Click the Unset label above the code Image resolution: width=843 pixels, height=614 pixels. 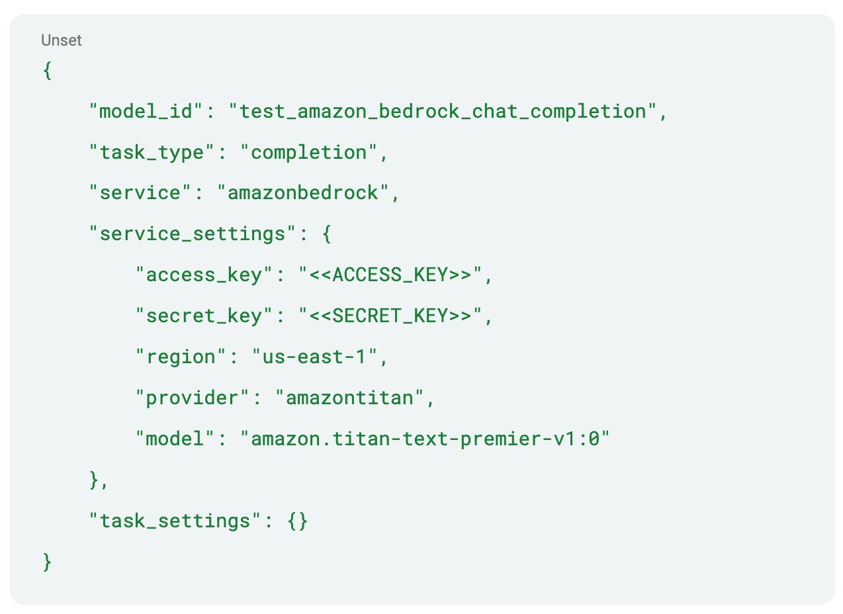click(x=61, y=40)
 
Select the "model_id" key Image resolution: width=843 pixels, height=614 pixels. click(x=145, y=111)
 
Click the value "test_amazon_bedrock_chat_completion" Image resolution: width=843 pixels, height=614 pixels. click(x=443, y=111)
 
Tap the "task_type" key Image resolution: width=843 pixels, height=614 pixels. click(x=151, y=152)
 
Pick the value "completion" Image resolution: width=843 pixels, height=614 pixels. click(x=308, y=152)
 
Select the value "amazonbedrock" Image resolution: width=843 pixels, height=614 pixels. click(x=302, y=193)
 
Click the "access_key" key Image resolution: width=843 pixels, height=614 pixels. click(x=203, y=275)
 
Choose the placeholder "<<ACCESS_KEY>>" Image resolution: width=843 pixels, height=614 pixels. click(x=390, y=275)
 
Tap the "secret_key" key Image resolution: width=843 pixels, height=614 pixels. click(x=203, y=316)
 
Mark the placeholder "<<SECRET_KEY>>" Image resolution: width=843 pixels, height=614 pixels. click(x=390, y=316)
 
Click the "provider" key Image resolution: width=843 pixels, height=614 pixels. click(x=192, y=398)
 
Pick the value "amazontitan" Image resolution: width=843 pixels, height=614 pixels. click(x=349, y=398)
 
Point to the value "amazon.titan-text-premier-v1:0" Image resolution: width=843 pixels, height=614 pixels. click(x=425, y=439)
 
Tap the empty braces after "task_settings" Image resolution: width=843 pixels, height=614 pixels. click(x=298, y=521)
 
